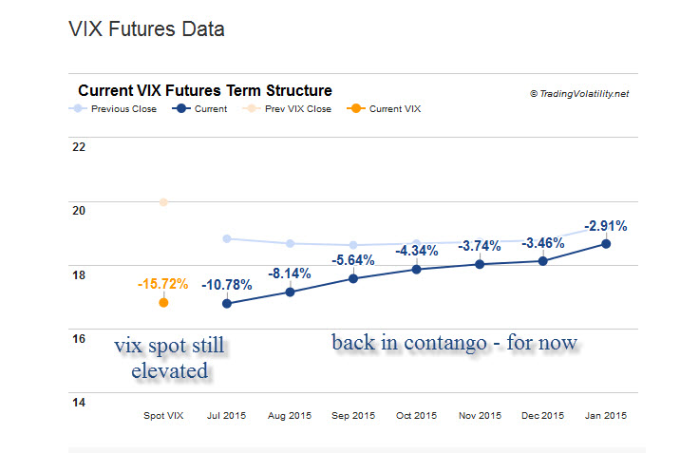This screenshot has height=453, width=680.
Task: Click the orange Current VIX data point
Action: (x=163, y=302)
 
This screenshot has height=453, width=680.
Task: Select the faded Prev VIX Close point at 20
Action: (x=163, y=202)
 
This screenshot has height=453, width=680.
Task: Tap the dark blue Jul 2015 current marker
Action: (x=227, y=304)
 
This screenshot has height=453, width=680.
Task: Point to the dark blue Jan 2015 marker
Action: (x=606, y=244)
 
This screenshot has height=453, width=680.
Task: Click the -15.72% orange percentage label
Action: (x=162, y=284)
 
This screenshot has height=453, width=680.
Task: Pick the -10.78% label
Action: (x=227, y=285)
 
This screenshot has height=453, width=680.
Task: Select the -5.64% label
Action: (x=353, y=260)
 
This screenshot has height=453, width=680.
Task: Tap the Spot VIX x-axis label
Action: (x=162, y=416)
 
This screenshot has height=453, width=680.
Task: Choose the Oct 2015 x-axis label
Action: (x=416, y=416)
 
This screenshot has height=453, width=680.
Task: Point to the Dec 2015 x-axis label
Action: (x=542, y=416)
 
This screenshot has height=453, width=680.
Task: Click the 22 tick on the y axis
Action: (x=79, y=147)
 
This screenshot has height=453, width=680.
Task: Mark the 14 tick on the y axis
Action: (x=79, y=403)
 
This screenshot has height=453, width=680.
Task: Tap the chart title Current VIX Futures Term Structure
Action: (x=205, y=91)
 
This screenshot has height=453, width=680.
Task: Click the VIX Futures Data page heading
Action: (x=146, y=29)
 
